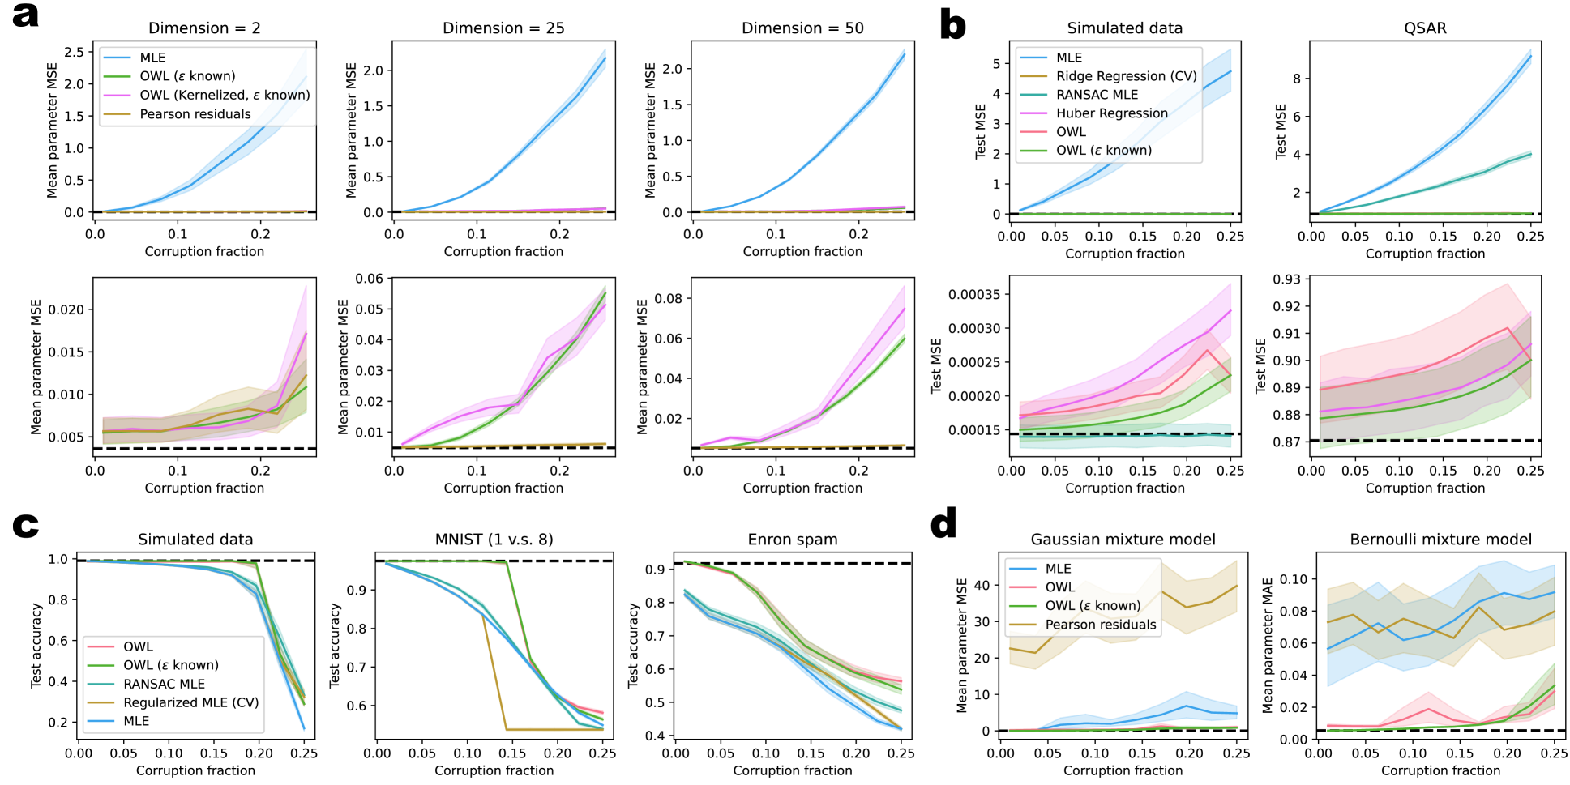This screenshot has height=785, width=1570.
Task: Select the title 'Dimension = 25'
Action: [503, 28]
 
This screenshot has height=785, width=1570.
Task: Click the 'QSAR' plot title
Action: [1425, 28]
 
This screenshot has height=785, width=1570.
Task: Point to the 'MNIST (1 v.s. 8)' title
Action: [494, 540]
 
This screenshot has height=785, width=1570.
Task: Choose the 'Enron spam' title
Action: [792, 540]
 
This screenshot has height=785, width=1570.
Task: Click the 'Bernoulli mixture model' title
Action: [1440, 540]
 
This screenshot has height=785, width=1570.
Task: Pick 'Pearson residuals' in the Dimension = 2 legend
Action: [195, 114]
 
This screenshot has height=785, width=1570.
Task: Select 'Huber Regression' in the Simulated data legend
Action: [1111, 113]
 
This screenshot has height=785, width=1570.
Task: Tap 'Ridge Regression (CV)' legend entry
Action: [1126, 76]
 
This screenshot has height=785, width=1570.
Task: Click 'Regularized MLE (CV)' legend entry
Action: [190, 702]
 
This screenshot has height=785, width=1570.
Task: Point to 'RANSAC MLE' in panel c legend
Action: [164, 684]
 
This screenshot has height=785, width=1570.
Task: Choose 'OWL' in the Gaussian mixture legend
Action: [1060, 587]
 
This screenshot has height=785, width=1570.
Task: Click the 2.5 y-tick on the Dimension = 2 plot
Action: [74, 52]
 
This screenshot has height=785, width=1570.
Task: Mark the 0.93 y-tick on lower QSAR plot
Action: [1287, 279]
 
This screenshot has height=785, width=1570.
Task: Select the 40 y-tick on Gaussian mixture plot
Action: [982, 586]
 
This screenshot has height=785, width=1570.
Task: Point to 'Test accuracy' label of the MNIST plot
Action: [334, 646]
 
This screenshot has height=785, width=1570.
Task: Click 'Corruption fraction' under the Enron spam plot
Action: [792, 770]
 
